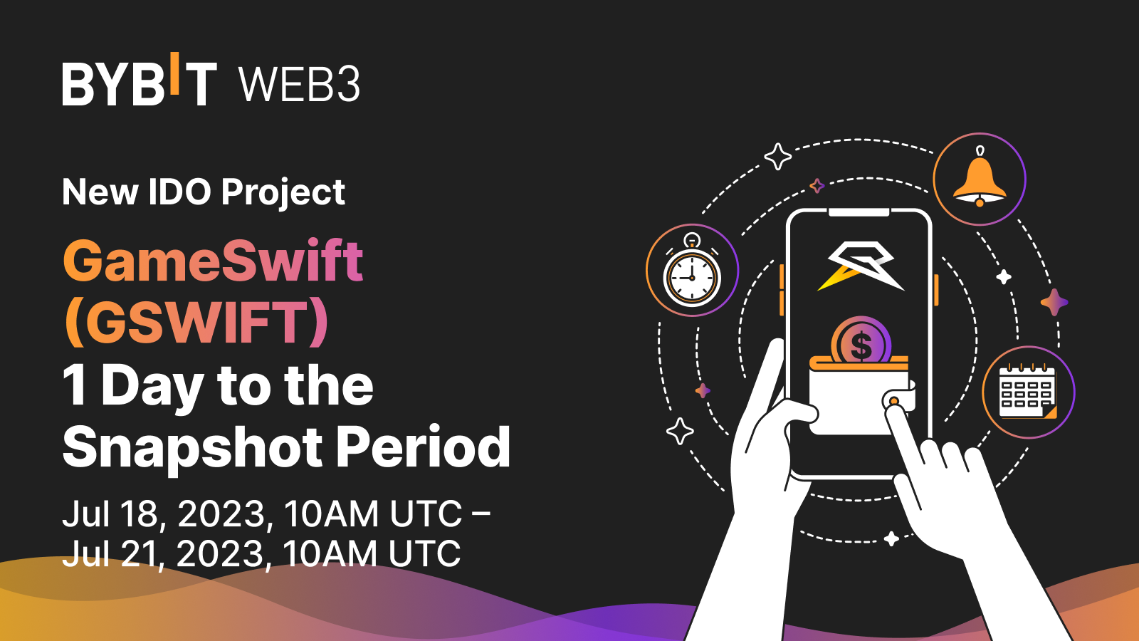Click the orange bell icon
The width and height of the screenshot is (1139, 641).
pos(980,179)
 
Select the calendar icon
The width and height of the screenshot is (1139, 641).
pos(1028,392)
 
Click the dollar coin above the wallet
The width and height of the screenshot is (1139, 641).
pos(861,342)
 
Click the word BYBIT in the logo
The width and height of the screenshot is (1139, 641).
pos(140,83)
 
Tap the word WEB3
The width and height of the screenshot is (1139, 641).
pos(300,85)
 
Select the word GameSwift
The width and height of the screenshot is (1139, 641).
pos(213,261)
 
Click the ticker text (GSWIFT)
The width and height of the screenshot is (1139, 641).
pos(196,322)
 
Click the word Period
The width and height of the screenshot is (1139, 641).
pos(423,447)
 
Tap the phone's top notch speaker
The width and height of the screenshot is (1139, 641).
pos(859,212)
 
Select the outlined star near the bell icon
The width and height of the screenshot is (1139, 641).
pos(777,156)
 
